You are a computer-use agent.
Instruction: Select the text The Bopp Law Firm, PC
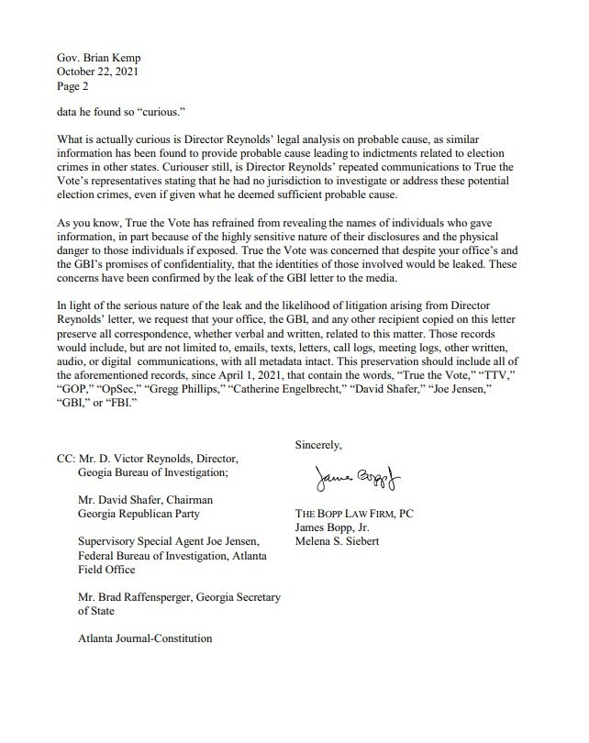pos(351,514)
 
